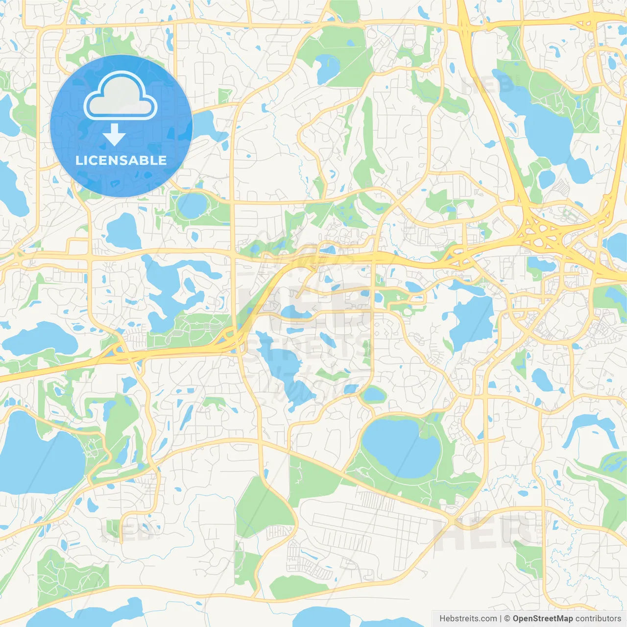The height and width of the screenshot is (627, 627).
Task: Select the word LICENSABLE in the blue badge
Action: point(121,160)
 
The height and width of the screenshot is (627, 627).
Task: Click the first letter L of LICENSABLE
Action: point(78,160)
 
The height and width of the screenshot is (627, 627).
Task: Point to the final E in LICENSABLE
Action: point(163,160)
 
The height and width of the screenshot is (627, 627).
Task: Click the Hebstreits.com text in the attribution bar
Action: point(468,619)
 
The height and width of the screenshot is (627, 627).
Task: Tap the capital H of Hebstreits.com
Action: point(442,619)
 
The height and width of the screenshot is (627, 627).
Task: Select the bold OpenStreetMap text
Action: point(543,619)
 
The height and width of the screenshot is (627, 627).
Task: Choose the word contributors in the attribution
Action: point(598,619)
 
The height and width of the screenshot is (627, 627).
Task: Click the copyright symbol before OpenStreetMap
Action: point(507,619)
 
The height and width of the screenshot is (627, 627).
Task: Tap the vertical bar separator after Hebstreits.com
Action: point(500,619)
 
